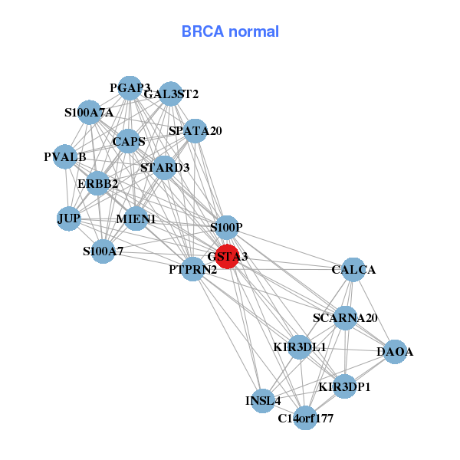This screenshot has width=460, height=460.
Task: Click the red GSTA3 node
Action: click(x=228, y=256)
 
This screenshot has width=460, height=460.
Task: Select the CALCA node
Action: click(x=353, y=270)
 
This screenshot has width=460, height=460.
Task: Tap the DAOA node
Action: click(x=395, y=352)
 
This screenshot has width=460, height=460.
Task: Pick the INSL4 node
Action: click(x=263, y=400)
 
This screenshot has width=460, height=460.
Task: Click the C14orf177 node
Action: click(x=305, y=418)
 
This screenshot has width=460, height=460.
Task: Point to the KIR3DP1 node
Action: click(x=344, y=386)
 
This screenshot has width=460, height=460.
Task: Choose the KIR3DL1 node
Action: click(x=300, y=347)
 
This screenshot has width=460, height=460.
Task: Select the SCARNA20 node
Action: click(x=345, y=317)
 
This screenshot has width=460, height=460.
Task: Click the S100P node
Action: click(x=226, y=228)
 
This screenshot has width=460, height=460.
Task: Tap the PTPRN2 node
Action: click(x=193, y=269)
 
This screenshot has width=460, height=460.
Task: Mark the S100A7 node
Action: click(x=103, y=251)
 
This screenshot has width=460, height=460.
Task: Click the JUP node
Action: click(x=69, y=219)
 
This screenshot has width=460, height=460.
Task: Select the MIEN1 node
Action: click(x=136, y=219)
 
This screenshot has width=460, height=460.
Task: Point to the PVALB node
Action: click(x=65, y=157)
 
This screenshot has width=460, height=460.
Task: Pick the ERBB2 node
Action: click(x=97, y=183)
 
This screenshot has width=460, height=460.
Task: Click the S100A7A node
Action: click(x=89, y=113)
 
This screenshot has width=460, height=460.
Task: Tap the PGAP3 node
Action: click(x=130, y=88)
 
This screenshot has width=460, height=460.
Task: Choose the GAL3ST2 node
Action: click(x=171, y=94)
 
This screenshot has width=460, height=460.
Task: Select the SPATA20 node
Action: click(x=195, y=131)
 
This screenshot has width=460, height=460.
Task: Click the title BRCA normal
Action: click(x=230, y=32)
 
